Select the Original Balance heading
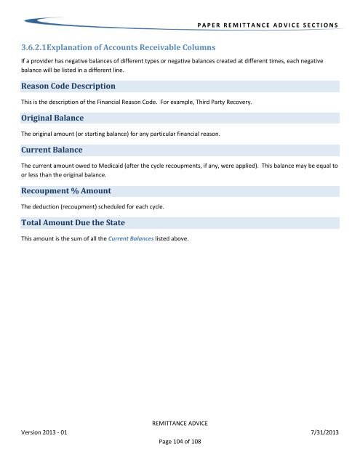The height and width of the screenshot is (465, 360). pos(52,118)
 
